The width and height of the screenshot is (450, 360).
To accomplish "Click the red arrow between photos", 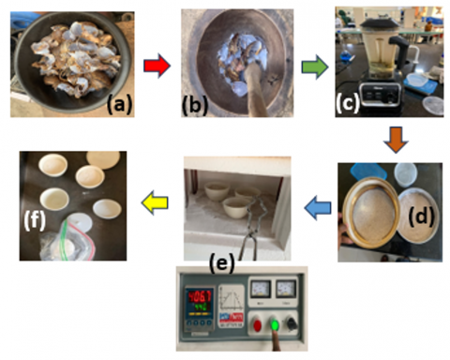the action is point(157,66).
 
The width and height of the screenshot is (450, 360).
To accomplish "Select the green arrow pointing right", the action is point(315,67).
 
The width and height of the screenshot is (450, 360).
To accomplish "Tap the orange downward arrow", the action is point(396,140).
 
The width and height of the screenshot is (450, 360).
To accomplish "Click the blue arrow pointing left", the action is point(318,208).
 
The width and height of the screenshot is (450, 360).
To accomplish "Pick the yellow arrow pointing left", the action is point(155,202).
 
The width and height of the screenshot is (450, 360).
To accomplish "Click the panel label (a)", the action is point(119,104).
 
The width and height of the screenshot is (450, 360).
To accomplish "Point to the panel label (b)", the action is point(195,105).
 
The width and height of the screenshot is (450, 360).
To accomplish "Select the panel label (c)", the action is point(348,103).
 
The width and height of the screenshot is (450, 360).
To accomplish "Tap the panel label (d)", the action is point(421,217).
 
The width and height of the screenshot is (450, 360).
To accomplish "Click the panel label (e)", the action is point(222,263).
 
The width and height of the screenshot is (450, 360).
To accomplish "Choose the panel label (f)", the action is point(35,220).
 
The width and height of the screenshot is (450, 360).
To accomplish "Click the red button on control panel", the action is point(257,325).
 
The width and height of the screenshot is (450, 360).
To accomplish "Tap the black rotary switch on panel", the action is point(292,324).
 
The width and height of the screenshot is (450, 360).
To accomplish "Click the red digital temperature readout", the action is point(199,295).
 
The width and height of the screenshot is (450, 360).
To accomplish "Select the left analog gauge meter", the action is point(261,290).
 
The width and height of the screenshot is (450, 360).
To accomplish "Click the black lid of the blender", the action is point(381,22).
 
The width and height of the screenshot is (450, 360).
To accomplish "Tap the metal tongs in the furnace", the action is point(254,227).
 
